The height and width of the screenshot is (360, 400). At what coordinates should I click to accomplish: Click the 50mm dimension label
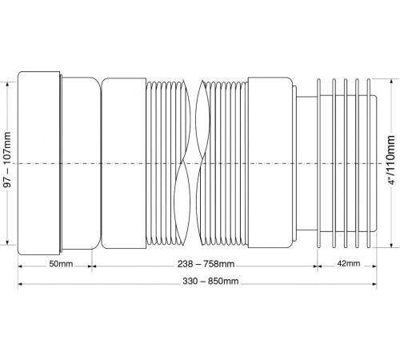[61, 264]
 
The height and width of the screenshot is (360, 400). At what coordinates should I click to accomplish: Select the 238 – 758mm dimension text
[206, 264]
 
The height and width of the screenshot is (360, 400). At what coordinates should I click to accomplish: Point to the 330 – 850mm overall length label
[210, 282]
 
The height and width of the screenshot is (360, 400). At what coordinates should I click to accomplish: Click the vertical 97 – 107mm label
[7, 159]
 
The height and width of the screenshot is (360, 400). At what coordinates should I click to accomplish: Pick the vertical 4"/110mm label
[391, 160]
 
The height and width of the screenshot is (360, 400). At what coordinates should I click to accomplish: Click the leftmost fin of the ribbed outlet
[318, 163]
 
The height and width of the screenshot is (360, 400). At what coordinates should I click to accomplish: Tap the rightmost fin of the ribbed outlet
[369, 163]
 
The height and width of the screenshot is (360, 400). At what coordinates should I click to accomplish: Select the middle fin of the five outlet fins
[346, 163]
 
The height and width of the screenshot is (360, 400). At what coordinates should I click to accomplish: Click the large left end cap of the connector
[39, 163]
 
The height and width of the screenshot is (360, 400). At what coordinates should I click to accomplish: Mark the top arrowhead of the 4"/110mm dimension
[391, 82]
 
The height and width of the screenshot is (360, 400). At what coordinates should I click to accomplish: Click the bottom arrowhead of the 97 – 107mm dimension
[7, 242]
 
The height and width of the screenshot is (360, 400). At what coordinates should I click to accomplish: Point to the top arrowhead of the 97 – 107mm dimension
[7, 85]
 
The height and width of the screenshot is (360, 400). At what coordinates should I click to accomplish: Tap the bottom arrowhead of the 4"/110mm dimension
[391, 245]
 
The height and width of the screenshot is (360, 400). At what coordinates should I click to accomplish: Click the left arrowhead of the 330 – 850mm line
[21, 284]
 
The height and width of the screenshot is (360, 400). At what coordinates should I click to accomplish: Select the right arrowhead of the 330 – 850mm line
[374, 284]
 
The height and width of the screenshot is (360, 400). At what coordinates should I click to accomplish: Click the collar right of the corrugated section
[270, 163]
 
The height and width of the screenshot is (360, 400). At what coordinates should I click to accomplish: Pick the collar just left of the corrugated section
[124, 163]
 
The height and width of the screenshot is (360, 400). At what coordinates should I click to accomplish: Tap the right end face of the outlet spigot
[377, 163]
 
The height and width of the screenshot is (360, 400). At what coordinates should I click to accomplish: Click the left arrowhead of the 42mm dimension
[320, 266]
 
